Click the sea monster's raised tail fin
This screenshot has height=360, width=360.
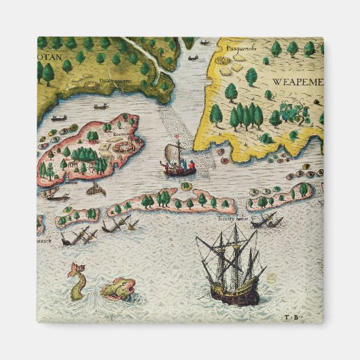[71, 270]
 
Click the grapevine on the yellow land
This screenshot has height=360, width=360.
[291, 109]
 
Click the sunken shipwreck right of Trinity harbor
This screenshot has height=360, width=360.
[266, 220]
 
